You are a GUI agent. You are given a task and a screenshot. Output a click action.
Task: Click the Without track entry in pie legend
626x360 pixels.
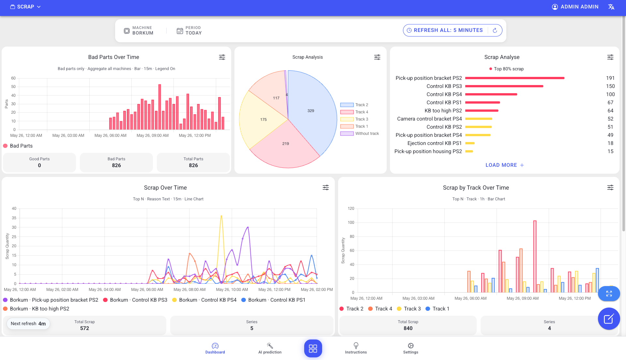point(360,134)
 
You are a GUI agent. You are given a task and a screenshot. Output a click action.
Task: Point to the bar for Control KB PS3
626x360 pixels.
point(504,86)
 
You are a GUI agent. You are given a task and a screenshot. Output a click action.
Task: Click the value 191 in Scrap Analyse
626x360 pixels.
point(610,78)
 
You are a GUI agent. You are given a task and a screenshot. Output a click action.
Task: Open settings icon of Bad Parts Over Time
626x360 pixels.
point(222,57)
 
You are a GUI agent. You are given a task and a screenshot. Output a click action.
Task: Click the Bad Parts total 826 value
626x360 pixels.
point(116,166)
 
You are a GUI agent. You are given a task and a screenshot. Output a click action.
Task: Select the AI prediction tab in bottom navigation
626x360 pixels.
point(270,348)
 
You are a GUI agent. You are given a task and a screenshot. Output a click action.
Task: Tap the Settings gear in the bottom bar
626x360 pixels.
point(410,348)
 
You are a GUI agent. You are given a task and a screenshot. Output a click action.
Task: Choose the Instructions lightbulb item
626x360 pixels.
point(356,348)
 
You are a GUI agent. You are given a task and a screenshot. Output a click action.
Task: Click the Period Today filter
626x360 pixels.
point(189,31)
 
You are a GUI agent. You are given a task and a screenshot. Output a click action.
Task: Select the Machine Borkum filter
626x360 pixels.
point(139,31)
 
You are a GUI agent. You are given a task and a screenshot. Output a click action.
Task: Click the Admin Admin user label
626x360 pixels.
point(579,7)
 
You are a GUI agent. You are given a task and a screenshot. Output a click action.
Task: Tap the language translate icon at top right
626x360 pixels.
point(611,7)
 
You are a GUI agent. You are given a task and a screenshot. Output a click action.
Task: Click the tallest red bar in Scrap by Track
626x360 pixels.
point(535,257)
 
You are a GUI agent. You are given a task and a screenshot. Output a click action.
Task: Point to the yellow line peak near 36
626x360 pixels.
point(221,216)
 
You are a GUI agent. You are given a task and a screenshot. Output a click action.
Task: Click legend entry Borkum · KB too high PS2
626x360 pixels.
point(36,309)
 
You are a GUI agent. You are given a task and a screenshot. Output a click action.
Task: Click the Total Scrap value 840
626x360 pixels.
point(408,328)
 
